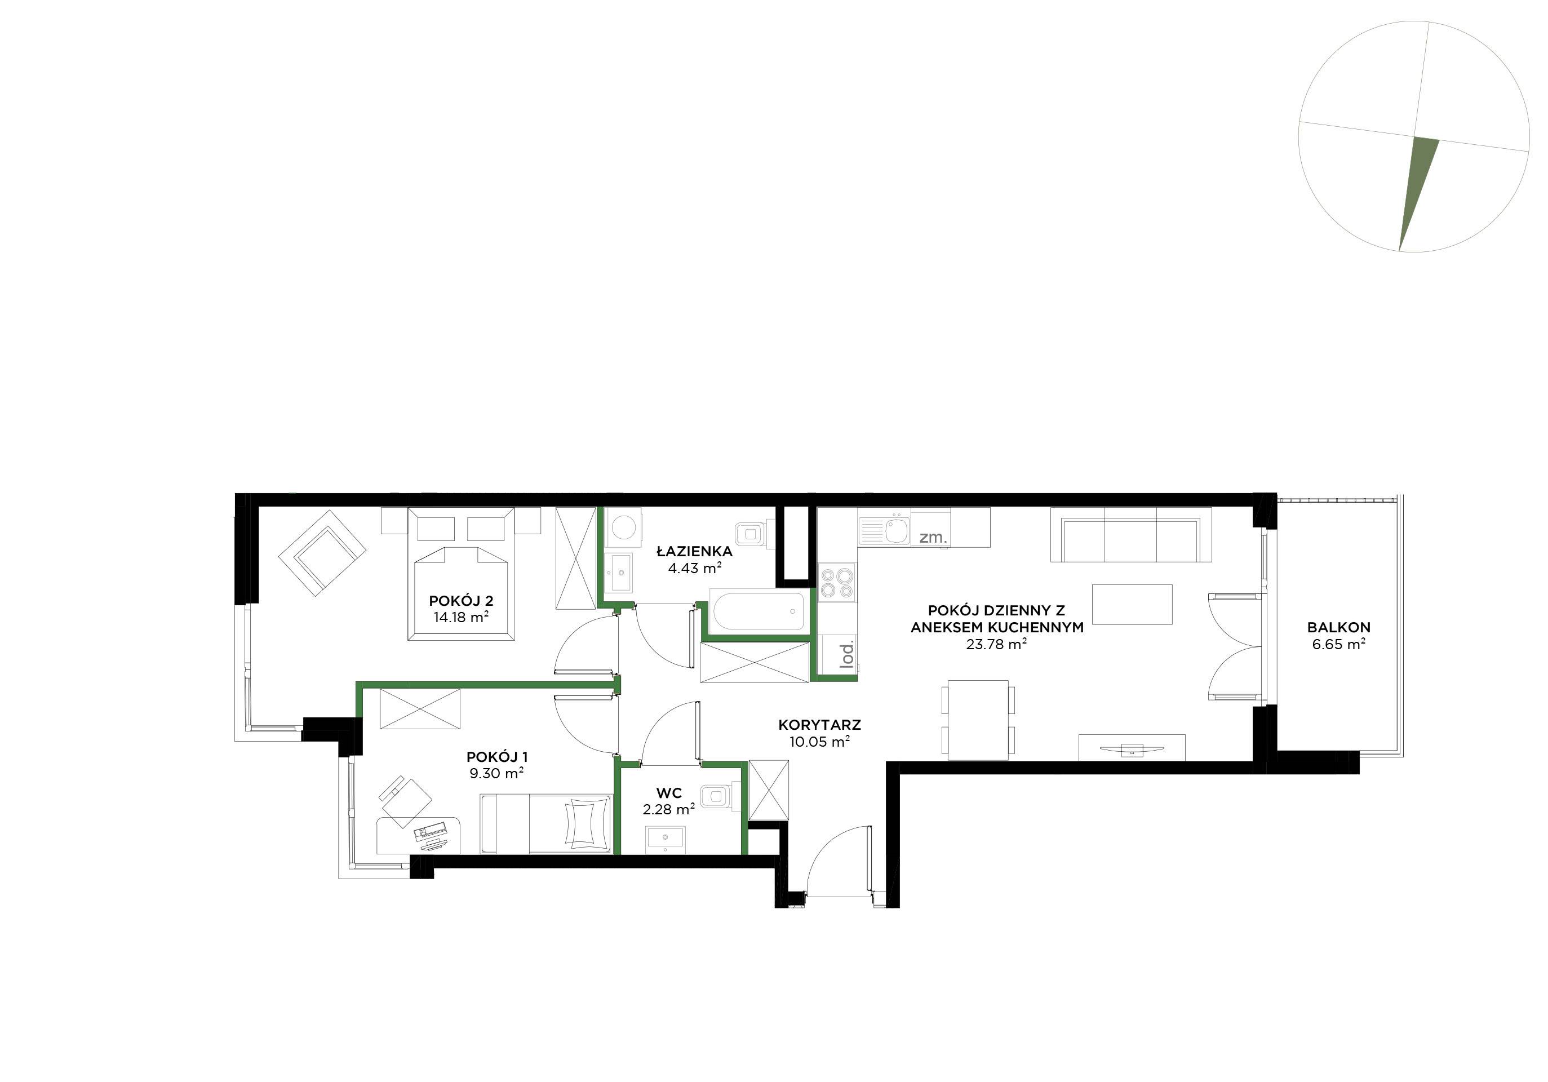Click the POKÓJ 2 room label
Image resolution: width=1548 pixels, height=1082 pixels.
pyautogui.click(x=461, y=601)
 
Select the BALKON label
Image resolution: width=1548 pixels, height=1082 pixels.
pyautogui.click(x=1339, y=627)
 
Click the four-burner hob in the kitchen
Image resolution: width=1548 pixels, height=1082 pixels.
pyautogui.click(x=836, y=583)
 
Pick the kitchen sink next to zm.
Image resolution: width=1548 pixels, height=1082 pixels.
pyautogui.click(x=897, y=529)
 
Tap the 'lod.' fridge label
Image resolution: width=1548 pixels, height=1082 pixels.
pyautogui.click(x=847, y=654)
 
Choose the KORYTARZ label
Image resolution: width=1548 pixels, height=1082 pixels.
pyautogui.click(x=820, y=725)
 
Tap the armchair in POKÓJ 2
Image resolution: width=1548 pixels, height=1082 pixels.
pyautogui.click(x=323, y=553)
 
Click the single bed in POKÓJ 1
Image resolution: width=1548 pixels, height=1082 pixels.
pyautogui.click(x=545, y=823)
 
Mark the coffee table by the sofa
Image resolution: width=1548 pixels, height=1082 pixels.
pyautogui.click(x=1132, y=605)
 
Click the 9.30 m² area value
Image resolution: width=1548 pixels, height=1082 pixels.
pyautogui.click(x=497, y=773)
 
